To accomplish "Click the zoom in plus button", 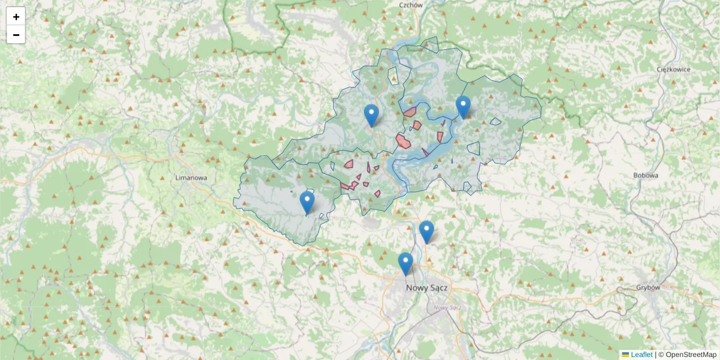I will (x=16, y=17).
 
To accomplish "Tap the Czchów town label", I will (x=411, y=5).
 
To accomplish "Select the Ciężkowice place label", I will (x=673, y=69).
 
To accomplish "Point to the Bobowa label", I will (x=646, y=176).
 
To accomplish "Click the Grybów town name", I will (x=647, y=287).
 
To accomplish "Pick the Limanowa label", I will (x=191, y=178).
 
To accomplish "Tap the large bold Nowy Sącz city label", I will (x=427, y=287).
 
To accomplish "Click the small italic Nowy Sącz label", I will (x=446, y=307).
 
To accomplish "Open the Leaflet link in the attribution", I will (x=641, y=355).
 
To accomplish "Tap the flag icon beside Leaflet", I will (x=625, y=355).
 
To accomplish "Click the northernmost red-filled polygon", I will (x=410, y=112).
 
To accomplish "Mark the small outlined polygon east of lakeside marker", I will (x=496, y=122).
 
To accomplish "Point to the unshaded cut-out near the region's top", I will (x=393, y=74).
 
